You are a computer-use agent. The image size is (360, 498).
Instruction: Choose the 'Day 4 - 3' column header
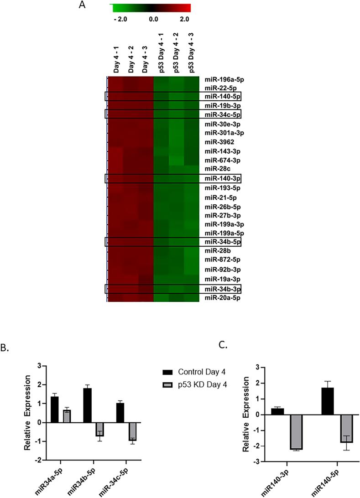pos(145,62)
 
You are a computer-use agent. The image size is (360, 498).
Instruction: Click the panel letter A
pos(82,5)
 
